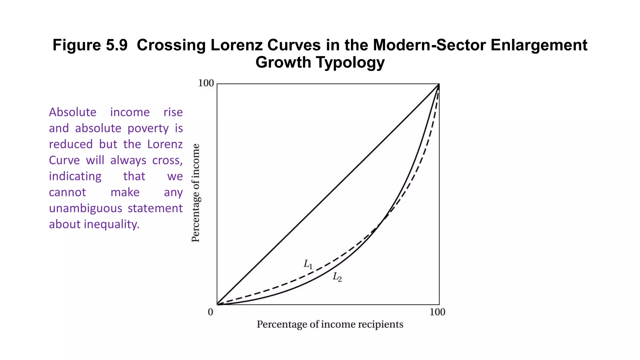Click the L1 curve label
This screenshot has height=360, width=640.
coord(308,264)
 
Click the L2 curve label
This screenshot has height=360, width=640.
coord(337,277)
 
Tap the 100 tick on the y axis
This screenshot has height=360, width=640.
coord(206,83)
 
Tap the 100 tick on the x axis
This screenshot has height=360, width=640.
coord(437,312)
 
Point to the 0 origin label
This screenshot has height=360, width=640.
coord(211,312)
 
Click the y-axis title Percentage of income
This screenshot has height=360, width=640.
coord(196,193)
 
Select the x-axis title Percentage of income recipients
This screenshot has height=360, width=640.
coord(330,324)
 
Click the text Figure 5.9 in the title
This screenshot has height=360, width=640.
coord(90,45)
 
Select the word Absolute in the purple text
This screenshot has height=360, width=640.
coord(72,112)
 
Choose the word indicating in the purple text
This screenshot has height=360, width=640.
coord(75,176)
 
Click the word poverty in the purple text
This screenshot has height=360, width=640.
coord(148,128)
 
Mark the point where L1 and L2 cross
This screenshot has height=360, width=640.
coord(382,221)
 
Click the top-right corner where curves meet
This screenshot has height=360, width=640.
coord(439,84)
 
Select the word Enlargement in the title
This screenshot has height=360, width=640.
coord(539,45)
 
